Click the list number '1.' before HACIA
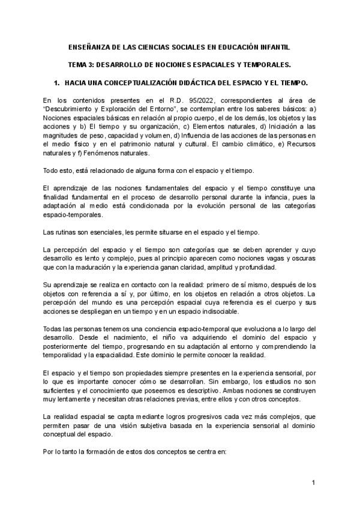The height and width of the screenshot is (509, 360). click(x=57, y=81)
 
